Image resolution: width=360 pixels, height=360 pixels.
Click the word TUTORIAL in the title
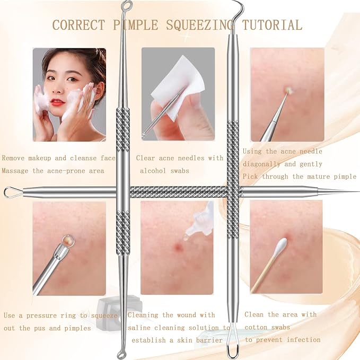click(x=272, y=25)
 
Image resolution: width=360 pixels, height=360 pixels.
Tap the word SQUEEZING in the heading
click(x=199, y=25)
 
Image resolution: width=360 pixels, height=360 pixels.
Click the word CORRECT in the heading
click(x=79, y=25)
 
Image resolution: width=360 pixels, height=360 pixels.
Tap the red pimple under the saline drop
click(x=178, y=248)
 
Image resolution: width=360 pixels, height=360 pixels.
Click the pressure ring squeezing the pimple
click(x=68, y=241)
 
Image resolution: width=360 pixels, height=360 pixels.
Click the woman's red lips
click(x=57, y=102)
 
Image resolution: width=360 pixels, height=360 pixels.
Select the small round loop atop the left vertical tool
click(x=127, y=5)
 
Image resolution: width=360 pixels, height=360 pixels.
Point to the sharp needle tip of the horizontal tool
click(x=358, y=192)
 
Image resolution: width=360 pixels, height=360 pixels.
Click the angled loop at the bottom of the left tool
click(x=121, y=352)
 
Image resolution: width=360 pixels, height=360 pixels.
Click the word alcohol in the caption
click(x=153, y=171)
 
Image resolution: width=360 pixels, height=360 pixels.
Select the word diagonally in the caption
click(x=261, y=164)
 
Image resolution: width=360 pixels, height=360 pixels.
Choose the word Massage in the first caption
click(x=15, y=171)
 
